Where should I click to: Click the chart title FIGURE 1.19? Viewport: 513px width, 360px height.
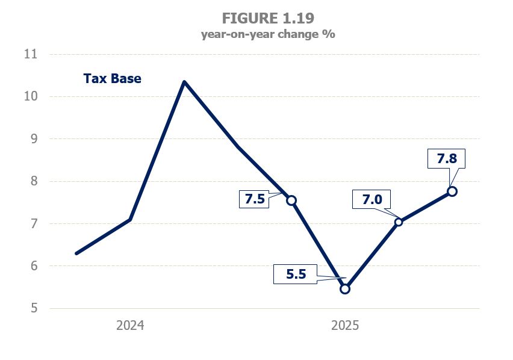[267, 17]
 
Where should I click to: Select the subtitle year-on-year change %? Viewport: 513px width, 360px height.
[267, 34]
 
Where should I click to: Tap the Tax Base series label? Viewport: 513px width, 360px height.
[112, 78]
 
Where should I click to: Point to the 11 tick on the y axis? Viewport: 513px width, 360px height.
[30, 54]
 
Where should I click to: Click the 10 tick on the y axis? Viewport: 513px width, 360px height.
[30, 96]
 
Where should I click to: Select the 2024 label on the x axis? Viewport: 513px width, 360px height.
[130, 326]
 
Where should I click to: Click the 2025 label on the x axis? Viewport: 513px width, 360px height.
[345, 326]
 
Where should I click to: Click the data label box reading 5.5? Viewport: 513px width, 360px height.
[296, 274]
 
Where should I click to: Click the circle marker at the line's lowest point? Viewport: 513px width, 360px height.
[345, 289]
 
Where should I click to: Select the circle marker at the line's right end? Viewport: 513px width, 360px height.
[452, 191]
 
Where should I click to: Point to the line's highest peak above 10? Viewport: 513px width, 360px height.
[184, 82]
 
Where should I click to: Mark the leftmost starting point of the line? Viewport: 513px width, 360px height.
[76, 253]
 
